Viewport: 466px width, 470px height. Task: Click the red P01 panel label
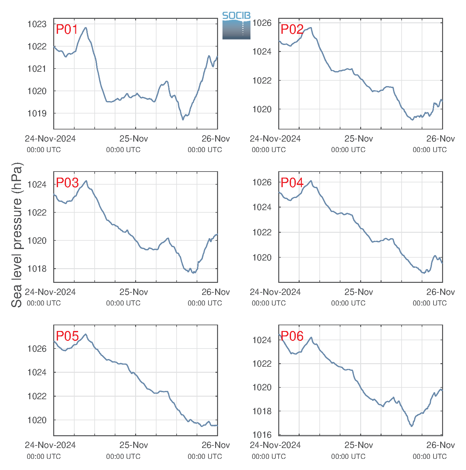pyautogui.click(x=67, y=29)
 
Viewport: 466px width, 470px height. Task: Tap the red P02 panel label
pyautogui.click(x=292, y=29)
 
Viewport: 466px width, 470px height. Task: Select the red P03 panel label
pyautogui.click(x=67, y=183)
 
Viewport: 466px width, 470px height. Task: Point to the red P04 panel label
pyautogui.click(x=292, y=183)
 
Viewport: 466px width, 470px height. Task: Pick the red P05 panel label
pyautogui.click(x=67, y=336)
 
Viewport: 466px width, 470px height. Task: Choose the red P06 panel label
pyautogui.click(x=292, y=336)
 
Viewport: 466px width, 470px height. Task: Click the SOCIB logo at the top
pyautogui.click(x=236, y=26)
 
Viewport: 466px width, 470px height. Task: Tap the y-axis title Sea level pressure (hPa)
pyautogui.click(x=17, y=235)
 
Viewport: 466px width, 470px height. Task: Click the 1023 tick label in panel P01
pyautogui.click(x=37, y=24)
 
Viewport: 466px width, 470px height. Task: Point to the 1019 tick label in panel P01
pyautogui.click(x=37, y=114)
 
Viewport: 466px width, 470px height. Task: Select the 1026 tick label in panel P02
pyautogui.click(x=262, y=23)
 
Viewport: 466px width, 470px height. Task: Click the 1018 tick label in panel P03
pyautogui.click(x=37, y=269)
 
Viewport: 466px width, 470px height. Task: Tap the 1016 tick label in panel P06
pyautogui.click(x=262, y=435)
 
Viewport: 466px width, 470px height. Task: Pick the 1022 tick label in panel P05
pyautogui.click(x=37, y=396)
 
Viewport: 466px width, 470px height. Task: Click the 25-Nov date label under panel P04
pyautogui.click(x=359, y=292)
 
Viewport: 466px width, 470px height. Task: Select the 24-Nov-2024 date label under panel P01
pyautogui.click(x=50, y=138)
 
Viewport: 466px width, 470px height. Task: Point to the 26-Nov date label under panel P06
pyautogui.click(x=441, y=445)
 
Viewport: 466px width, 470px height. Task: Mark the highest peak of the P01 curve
pyautogui.click(x=86, y=27)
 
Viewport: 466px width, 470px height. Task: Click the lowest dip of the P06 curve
pyautogui.click(x=411, y=426)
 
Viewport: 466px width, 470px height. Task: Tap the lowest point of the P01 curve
pyautogui.click(x=183, y=120)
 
